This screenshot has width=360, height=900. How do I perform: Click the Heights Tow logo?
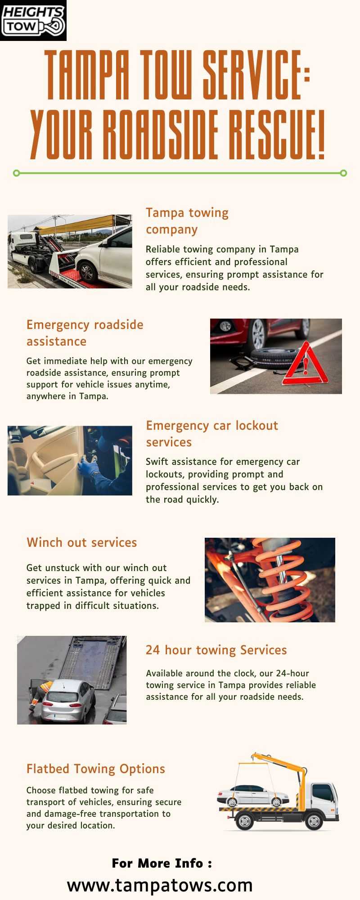[33, 20]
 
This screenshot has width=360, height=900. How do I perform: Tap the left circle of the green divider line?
[17, 173]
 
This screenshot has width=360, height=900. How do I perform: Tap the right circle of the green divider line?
[343, 173]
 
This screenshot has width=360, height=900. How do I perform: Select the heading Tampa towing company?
[187, 220]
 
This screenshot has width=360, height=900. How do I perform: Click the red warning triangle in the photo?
[305, 364]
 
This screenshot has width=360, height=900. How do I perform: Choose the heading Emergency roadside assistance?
[85, 333]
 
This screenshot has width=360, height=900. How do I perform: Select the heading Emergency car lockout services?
[212, 433]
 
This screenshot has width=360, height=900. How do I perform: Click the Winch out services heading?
[81, 542]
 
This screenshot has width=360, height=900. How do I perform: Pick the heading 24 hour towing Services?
[216, 650]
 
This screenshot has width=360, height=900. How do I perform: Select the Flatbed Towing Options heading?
[96, 769]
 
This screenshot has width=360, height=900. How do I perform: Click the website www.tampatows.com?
[160, 885]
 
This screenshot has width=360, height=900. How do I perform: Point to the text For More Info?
[158, 863]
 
